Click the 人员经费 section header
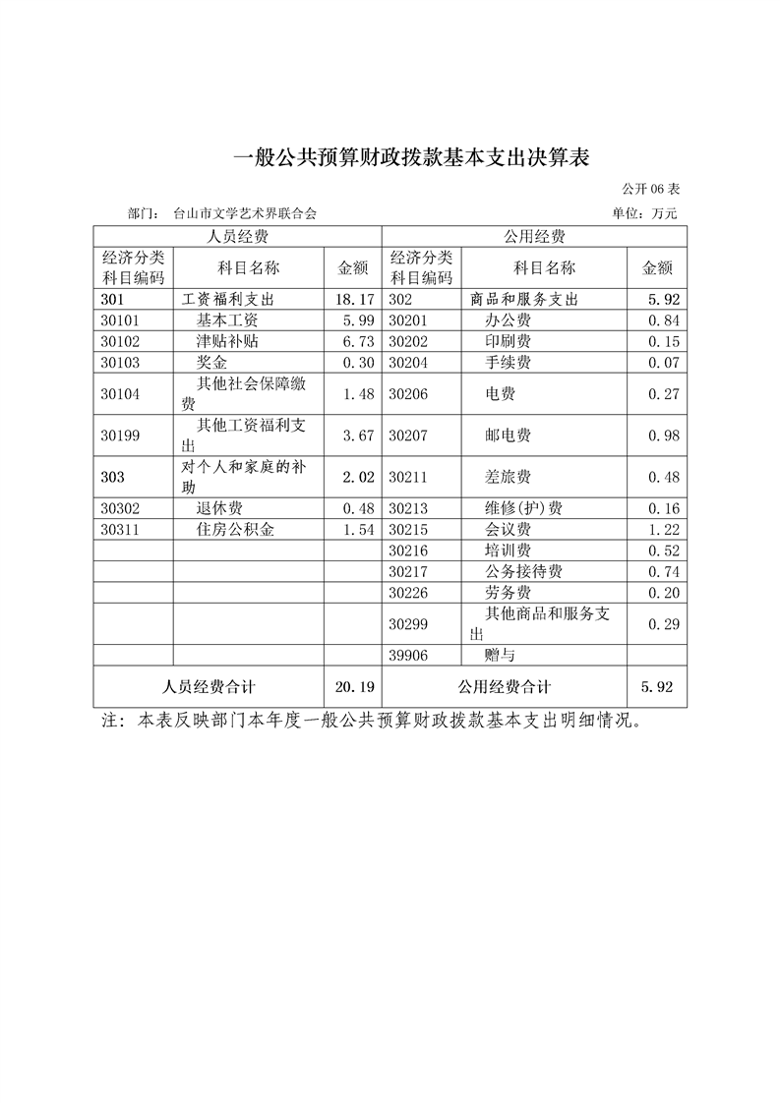[237, 236]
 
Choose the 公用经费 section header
[534, 236]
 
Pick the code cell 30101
[122, 320]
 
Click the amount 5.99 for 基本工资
[354, 320]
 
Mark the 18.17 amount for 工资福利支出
[354, 299]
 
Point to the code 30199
[122, 435]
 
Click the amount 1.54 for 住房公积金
[354, 529]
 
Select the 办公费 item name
[509, 320]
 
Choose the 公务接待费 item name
[524, 571]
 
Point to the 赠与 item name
[501, 655]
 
